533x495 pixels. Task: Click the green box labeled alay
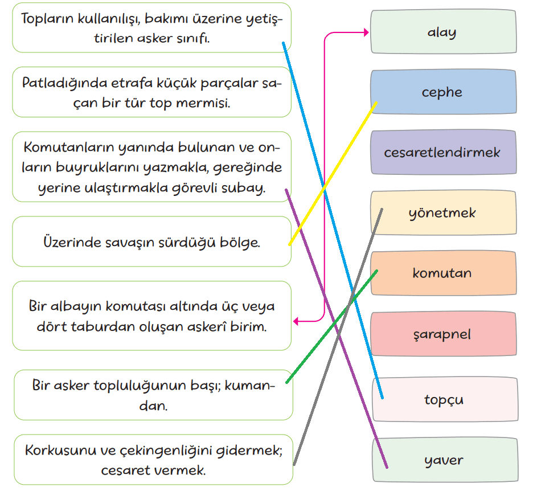click(443, 32)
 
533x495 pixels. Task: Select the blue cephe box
click(443, 92)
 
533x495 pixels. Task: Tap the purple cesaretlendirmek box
click(443, 153)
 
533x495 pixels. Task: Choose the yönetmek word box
click(443, 213)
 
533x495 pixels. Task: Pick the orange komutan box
click(443, 273)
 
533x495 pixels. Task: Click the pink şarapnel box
click(443, 334)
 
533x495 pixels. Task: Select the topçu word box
click(444, 399)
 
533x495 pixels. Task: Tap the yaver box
click(444, 460)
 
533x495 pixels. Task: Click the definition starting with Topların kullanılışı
click(151, 27)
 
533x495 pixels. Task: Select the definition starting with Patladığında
click(151, 92)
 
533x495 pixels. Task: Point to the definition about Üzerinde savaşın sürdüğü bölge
click(151, 242)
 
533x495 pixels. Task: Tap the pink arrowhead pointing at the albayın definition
click(297, 322)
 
